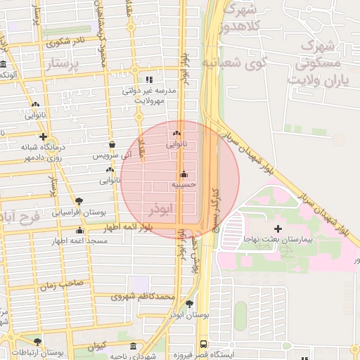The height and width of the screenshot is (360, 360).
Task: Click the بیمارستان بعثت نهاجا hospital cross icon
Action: coord(278,229)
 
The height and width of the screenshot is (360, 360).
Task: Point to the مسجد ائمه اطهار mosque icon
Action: coord(79,231)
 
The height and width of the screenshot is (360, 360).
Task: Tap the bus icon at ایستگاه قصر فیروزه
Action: coord(203,344)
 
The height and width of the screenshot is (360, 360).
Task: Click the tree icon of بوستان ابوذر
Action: coord(190,304)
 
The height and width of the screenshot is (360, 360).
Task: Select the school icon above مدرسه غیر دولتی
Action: coord(148,79)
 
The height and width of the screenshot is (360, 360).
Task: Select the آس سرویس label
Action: coord(112,155)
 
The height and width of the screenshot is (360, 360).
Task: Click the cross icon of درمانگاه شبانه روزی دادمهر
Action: coord(44,136)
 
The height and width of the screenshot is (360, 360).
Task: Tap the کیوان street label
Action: coord(97,345)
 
